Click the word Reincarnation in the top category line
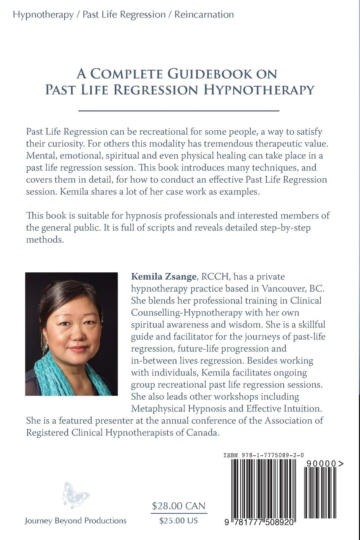pos(204,15)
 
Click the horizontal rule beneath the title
pos(179,111)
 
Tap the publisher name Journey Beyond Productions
pos(75,521)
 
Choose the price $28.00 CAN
pos(179,506)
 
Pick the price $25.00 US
pos(178,521)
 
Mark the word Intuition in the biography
pos(302,408)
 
